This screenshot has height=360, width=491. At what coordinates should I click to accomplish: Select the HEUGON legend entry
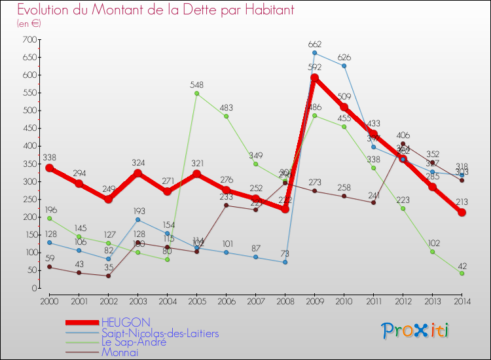tap(126, 322)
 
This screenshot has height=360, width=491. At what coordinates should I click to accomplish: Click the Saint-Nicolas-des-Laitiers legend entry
tap(160, 333)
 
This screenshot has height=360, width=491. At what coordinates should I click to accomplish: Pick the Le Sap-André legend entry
tap(134, 342)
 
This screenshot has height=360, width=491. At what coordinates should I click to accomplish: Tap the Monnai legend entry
tap(120, 352)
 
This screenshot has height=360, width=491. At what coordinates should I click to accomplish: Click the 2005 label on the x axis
tap(196, 300)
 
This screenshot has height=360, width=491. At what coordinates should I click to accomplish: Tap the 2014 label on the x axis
tap(462, 300)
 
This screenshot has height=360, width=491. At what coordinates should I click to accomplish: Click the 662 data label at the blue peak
tap(315, 44)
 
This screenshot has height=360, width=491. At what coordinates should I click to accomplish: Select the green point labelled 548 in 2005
tap(196, 94)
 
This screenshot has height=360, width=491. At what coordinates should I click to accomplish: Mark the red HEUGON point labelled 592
tap(314, 78)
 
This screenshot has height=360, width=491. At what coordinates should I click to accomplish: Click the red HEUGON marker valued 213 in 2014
tap(462, 212)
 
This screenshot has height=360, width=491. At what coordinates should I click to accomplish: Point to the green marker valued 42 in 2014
tap(462, 273)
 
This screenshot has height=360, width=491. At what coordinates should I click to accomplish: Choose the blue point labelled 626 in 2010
tap(344, 66)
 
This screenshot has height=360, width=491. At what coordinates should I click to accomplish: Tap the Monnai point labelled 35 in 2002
tap(108, 276)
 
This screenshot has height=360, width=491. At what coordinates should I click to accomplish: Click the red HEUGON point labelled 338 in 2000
tap(49, 168)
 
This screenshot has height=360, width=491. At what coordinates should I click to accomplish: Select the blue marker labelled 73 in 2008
tap(285, 262)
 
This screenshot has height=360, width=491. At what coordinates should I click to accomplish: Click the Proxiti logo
tap(416, 331)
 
